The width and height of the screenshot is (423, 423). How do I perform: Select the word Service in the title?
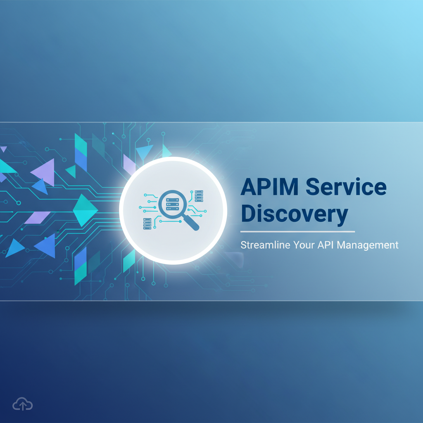(x=346, y=187)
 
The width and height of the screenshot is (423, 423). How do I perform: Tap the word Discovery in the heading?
(x=294, y=214)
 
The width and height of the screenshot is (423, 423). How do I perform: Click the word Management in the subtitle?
(x=368, y=245)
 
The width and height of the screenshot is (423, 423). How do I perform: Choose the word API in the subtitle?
(x=326, y=245)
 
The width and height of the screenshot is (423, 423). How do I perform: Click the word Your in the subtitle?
(x=304, y=245)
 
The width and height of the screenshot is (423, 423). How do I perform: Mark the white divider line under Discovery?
(x=297, y=232)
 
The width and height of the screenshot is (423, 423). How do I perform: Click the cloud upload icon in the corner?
(x=20, y=404)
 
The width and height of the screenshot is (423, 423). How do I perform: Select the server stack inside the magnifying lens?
(x=172, y=203)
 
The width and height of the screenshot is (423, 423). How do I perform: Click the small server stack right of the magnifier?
(x=199, y=196)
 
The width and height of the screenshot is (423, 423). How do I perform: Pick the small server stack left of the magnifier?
(x=147, y=223)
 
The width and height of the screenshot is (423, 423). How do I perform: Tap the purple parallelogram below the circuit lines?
(x=37, y=217)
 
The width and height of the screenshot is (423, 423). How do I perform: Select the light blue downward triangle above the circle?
(x=144, y=152)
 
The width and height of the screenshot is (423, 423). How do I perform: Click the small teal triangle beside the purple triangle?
(x=71, y=171)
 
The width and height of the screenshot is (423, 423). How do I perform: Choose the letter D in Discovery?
(x=249, y=214)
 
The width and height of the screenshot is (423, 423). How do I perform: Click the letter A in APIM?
(x=249, y=187)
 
